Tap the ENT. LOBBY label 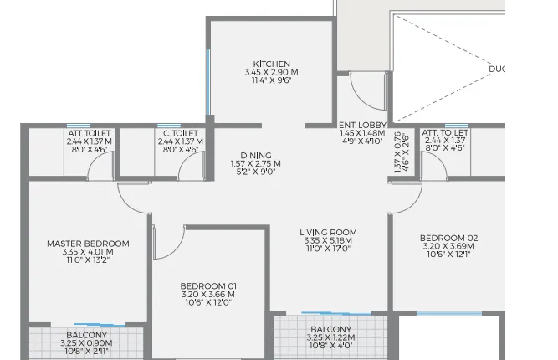pyautogui.click(x=361, y=125)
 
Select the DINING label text pyautogui.click(x=255, y=155)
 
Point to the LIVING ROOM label pyautogui.click(x=329, y=233)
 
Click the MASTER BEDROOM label pyautogui.click(x=88, y=244)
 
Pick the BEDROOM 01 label pyautogui.click(x=208, y=285)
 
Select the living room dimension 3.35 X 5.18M pyautogui.click(x=329, y=241)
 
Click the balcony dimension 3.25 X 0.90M pyautogui.click(x=86, y=342)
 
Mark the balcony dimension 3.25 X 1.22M pyautogui.click(x=330, y=338)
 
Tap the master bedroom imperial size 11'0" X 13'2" pyautogui.click(x=88, y=261)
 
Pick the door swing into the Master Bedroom pyautogui.click(x=133, y=198)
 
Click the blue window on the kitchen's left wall pyautogui.click(x=208, y=85)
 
